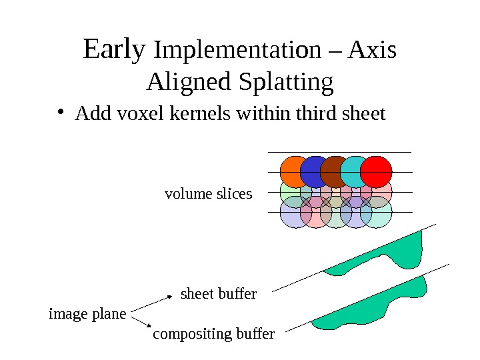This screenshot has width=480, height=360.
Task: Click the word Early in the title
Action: click(114, 50)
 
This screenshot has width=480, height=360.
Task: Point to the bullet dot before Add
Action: click(61, 114)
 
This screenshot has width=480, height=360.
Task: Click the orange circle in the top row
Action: click(293, 170)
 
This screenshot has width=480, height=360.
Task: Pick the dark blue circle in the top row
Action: click(313, 171)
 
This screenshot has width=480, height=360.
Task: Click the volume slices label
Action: click(208, 194)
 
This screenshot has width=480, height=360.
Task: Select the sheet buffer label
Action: click(219, 294)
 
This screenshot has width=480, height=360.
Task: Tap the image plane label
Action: click(87, 313)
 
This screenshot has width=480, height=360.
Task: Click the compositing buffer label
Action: click(213, 334)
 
